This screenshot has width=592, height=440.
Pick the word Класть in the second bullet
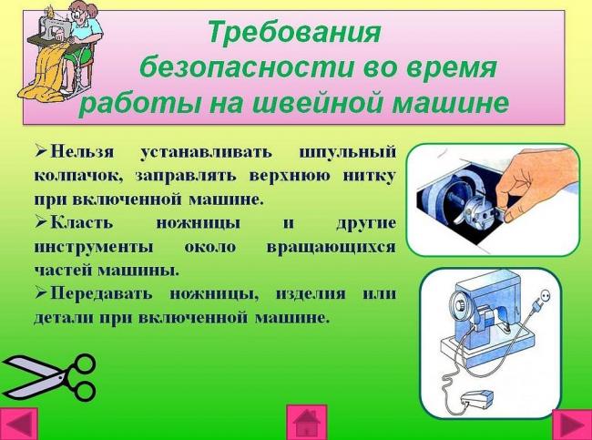coord(82,222)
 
